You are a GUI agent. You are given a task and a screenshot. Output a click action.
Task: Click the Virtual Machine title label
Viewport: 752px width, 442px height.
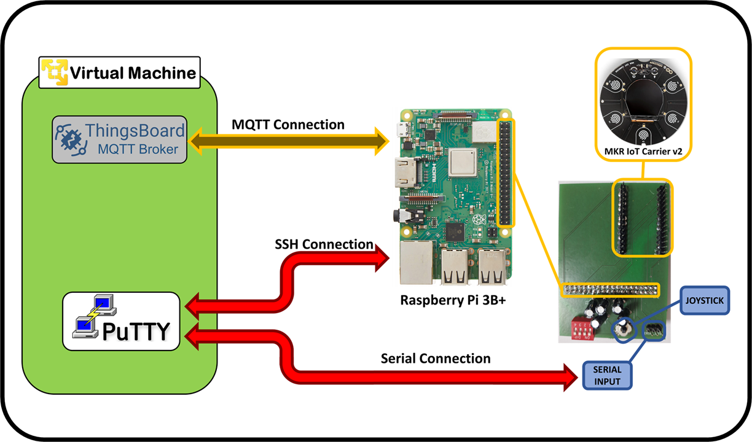pos(133,74)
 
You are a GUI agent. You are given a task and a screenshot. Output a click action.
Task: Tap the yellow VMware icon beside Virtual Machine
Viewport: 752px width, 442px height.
pos(54,72)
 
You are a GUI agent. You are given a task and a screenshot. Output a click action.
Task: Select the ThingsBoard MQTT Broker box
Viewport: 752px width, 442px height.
pos(119,140)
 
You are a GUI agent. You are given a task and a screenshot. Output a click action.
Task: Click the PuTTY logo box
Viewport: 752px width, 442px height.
pos(122,321)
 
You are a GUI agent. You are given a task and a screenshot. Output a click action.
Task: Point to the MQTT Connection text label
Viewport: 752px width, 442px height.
pos(288,125)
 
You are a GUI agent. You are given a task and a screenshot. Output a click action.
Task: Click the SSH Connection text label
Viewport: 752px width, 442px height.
pos(324,244)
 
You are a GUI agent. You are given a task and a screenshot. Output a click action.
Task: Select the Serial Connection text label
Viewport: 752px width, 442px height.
pos(435,359)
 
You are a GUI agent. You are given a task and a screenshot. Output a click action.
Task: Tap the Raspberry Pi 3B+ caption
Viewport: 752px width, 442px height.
pos(452,301)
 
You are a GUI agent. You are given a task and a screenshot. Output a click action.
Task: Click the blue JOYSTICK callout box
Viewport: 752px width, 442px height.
pos(704,301)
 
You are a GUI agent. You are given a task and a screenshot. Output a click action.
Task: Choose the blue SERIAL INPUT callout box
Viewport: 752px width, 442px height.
pos(607,375)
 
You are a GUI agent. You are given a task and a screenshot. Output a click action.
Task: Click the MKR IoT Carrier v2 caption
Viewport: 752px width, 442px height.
pos(643,152)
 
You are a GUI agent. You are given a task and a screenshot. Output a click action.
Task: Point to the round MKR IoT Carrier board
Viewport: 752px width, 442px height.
pos(643,98)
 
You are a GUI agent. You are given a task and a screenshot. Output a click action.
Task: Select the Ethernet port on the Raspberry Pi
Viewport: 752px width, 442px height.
pos(415,263)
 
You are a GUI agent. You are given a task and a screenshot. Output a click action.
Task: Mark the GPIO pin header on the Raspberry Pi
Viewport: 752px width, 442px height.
pos(506,173)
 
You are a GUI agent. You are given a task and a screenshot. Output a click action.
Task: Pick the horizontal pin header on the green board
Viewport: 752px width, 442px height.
pos(609,289)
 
